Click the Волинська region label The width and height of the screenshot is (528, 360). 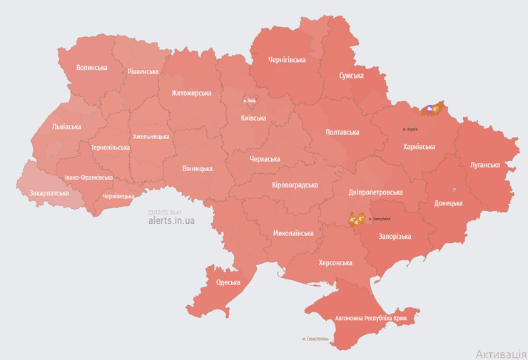pyautogui.click(x=91, y=68)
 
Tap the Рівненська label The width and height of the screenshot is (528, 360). pyautogui.click(x=143, y=72)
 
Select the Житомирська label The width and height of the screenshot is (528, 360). pyautogui.click(x=191, y=93)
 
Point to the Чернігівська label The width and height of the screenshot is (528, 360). pyautogui.click(x=287, y=60)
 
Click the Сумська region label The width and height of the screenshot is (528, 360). pyautogui.click(x=351, y=75)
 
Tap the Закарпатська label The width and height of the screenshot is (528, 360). pyautogui.click(x=49, y=193)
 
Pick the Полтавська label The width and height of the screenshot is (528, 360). pyautogui.click(x=342, y=133)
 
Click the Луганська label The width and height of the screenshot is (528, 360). pyautogui.click(x=484, y=165)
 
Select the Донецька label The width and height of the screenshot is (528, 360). pyautogui.click(x=448, y=203)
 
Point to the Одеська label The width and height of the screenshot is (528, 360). pyautogui.click(x=228, y=282)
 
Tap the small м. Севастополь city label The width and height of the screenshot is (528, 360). pyautogui.click(x=315, y=339)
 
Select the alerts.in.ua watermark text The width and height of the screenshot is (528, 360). pyautogui.click(x=171, y=220)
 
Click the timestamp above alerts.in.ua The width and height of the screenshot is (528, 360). pyautogui.click(x=164, y=212)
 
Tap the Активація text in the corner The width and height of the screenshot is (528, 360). pyautogui.click(x=501, y=354)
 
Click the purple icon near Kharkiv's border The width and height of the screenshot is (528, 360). pyautogui.click(x=430, y=108)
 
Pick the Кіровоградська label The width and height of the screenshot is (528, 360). pyautogui.click(x=295, y=185)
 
